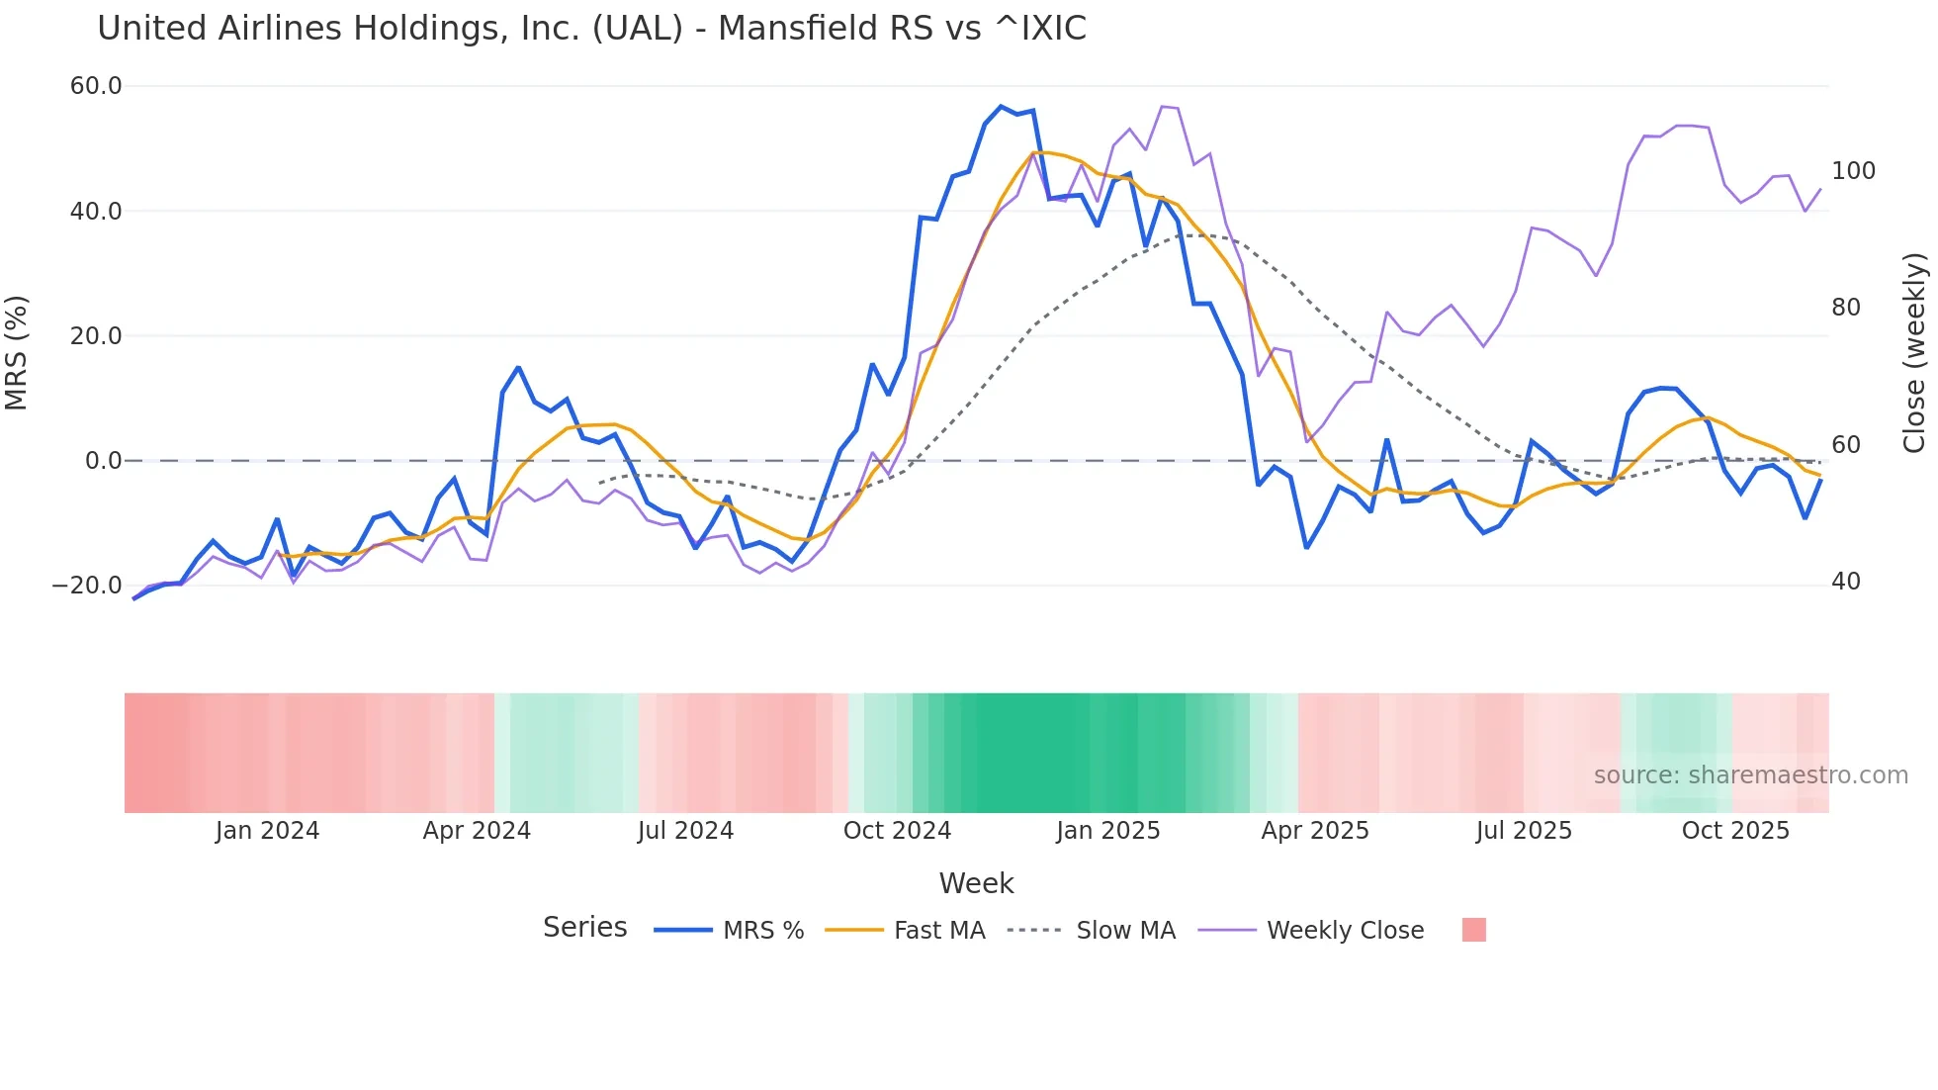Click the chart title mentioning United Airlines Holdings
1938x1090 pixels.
[591, 29]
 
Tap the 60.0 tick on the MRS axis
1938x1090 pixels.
[96, 86]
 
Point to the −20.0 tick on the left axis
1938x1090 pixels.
[87, 586]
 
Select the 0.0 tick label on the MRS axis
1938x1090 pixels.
[103, 461]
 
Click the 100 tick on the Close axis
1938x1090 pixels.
[1853, 171]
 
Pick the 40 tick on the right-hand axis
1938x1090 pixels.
[1846, 582]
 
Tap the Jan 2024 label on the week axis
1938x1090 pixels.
[267, 831]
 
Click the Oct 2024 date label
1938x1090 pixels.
[897, 831]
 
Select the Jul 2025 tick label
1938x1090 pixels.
[1524, 831]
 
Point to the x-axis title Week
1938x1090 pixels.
[976, 883]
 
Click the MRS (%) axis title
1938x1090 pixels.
[17, 352]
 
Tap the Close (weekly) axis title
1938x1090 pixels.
[1915, 353]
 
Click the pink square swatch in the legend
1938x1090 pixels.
[1473, 930]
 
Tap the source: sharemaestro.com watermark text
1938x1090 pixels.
[1750, 775]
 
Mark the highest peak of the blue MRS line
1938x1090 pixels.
[1001, 106]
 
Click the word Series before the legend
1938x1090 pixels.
[584, 928]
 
